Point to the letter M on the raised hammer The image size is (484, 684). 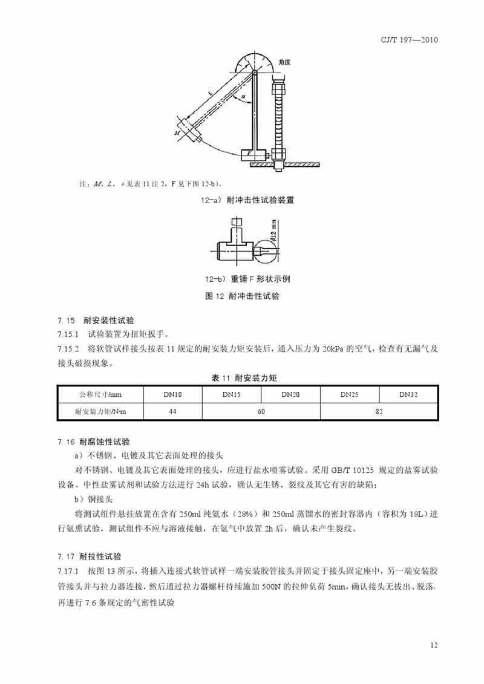(x=176, y=131)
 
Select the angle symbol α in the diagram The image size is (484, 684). (x=243, y=96)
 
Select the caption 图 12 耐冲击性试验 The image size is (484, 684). (x=242, y=296)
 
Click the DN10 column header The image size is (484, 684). (x=172, y=394)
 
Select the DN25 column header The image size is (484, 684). (x=349, y=394)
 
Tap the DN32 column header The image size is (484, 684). (x=408, y=394)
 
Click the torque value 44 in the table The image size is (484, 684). (x=172, y=412)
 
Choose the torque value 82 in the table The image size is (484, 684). (x=379, y=412)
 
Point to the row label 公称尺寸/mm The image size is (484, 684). (x=100, y=394)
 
